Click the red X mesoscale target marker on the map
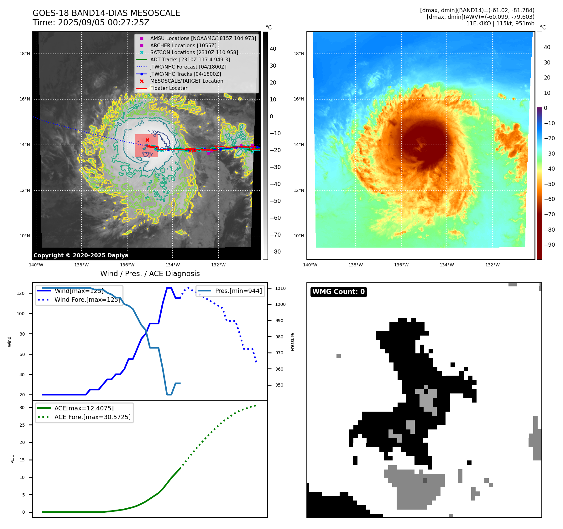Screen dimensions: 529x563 (x=147, y=140)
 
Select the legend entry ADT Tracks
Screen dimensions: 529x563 (x=190, y=59)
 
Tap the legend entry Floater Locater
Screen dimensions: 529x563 (x=169, y=88)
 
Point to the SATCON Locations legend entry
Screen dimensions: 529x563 (x=194, y=52)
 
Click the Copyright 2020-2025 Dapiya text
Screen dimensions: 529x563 (x=81, y=255)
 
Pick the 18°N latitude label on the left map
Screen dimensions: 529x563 (x=25, y=54)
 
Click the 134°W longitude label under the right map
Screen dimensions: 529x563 (x=447, y=265)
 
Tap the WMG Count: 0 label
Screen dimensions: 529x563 (x=338, y=292)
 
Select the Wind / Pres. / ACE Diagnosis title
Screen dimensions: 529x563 (x=150, y=274)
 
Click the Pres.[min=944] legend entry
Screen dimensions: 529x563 (x=238, y=291)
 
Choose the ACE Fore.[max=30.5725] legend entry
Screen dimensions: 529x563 (x=92, y=417)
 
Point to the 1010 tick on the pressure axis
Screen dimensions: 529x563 (x=280, y=288)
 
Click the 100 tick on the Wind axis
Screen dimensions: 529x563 (x=21, y=314)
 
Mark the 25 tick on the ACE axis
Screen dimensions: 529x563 (x=22, y=425)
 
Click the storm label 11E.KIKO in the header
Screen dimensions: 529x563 (x=478, y=23)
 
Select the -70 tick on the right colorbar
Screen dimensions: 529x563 (x=549, y=214)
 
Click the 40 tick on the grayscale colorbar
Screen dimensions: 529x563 (x=273, y=49)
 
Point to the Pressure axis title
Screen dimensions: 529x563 (x=292, y=342)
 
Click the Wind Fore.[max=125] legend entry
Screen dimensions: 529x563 (x=87, y=300)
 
